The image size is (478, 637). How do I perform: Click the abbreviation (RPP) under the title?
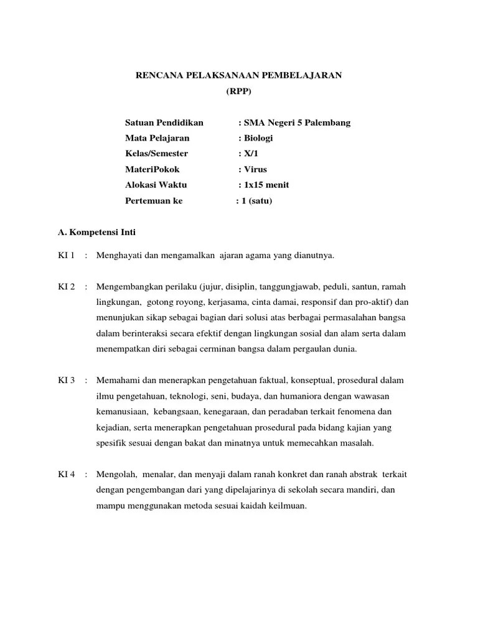click(x=239, y=91)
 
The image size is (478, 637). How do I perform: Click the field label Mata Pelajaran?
click(x=157, y=138)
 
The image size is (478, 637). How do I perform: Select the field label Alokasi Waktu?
click(x=156, y=185)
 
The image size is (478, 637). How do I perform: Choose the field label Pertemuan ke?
click(x=154, y=201)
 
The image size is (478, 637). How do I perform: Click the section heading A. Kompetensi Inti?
click(x=96, y=232)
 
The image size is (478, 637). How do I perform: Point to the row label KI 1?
click(x=66, y=255)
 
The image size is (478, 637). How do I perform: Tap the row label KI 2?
click(x=66, y=287)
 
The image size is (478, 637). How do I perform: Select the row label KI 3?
click(x=66, y=380)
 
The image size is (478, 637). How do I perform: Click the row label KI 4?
click(x=66, y=474)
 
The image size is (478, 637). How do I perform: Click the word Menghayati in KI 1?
click(x=118, y=255)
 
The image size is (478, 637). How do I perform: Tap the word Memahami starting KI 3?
click(x=116, y=380)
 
